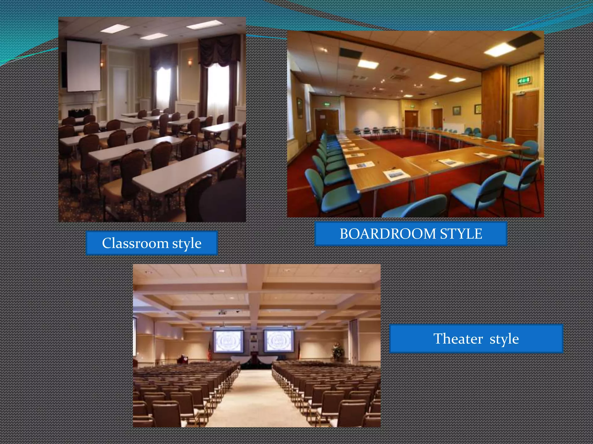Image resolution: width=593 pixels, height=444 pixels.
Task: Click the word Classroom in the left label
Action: coord(135,243)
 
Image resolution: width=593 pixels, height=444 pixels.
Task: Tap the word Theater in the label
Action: coord(458,338)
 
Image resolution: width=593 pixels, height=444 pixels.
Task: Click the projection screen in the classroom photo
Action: coord(84,66)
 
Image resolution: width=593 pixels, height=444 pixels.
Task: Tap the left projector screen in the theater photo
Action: coord(228,341)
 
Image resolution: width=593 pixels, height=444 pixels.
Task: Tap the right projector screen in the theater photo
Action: coord(279,341)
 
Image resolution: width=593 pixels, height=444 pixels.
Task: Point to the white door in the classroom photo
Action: coord(120,90)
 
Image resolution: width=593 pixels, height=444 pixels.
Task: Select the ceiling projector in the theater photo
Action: coord(222,312)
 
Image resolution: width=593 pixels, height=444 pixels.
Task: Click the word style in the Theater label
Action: coord(504,339)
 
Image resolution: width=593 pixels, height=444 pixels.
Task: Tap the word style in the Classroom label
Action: coord(187,244)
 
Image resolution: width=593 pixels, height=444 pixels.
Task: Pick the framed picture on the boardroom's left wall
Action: coord(300,108)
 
